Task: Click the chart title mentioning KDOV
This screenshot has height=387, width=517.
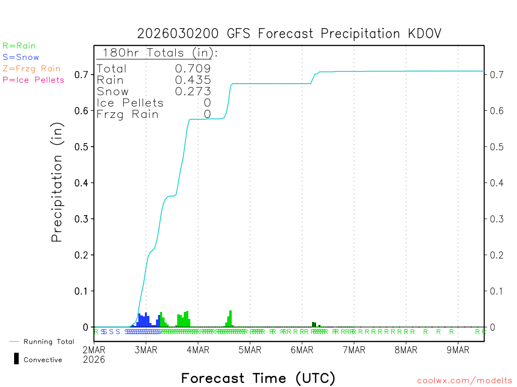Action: (x=289, y=34)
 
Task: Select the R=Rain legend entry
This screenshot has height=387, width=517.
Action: (x=19, y=46)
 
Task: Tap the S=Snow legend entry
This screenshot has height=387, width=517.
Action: (x=21, y=57)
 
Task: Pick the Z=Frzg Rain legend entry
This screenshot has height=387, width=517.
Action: (x=31, y=69)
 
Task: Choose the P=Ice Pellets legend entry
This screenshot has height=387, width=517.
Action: (x=33, y=80)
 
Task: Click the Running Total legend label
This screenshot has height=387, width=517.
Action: (x=48, y=342)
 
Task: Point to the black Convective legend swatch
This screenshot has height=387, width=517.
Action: (x=17, y=358)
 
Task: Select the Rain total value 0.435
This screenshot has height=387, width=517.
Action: (x=193, y=80)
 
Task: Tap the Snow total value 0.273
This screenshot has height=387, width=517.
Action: (x=193, y=92)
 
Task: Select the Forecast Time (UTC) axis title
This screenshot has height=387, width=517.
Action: (x=258, y=378)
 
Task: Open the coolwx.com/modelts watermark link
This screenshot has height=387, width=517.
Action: (x=464, y=381)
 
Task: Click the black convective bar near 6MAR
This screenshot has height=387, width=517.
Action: (x=314, y=325)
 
